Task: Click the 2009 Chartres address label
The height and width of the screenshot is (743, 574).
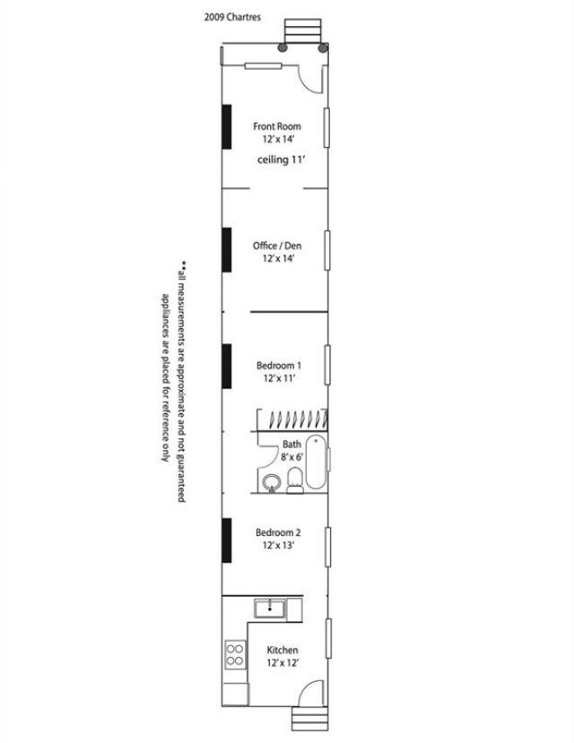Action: tap(232, 17)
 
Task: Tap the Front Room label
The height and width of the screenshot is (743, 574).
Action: tap(277, 126)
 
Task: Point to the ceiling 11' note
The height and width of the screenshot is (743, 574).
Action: tap(281, 160)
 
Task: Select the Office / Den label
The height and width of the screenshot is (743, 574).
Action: tap(277, 246)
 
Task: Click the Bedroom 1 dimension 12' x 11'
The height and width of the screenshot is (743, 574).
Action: tap(279, 378)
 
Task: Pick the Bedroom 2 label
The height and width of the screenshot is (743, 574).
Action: tap(278, 532)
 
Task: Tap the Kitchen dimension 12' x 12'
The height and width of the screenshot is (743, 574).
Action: tap(282, 662)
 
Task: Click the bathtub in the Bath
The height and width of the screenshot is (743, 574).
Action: tap(316, 462)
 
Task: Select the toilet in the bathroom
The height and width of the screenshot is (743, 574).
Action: tap(295, 480)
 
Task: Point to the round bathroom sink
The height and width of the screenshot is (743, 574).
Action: tap(272, 483)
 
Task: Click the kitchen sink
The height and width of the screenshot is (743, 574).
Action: tap(270, 609)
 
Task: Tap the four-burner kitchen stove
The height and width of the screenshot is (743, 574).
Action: tap(236, 654)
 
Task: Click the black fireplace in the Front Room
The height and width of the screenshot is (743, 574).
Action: tap(227, 127)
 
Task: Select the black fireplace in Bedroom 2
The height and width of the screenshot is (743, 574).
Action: tap(227, 540)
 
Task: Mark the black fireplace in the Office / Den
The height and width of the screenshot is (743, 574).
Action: tap(227, 250)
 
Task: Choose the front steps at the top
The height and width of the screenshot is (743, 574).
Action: tap(302, 31)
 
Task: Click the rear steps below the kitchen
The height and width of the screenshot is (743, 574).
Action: tap(309, 720)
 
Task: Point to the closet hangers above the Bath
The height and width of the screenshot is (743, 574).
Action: tap(299, 419)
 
